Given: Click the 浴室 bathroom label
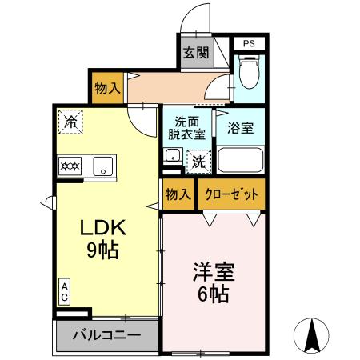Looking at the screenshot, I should pos(241,127).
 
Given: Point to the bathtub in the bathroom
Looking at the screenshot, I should pos(241,161).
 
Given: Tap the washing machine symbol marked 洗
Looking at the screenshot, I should pos(198,160).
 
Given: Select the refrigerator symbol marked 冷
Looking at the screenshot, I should pos(70,122).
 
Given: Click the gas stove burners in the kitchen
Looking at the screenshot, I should pos(70,166).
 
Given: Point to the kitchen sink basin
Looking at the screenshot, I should pos(102,166).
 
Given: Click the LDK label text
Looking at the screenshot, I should pos(102,226).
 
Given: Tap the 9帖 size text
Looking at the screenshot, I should pos(102,250).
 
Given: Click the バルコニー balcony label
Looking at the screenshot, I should pos(107,335).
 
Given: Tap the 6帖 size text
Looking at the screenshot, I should pos(212,294).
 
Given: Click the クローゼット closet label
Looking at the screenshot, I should pos(232,194).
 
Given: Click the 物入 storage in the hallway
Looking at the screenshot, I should pos(106,87).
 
